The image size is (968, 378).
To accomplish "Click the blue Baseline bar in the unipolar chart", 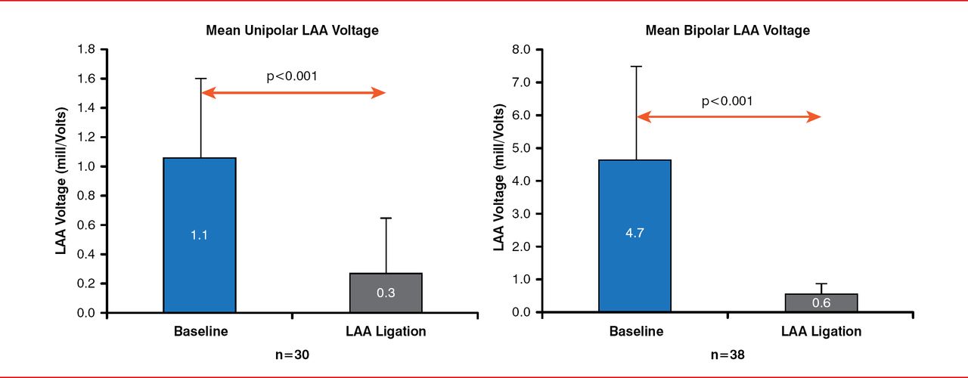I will pos(200,234).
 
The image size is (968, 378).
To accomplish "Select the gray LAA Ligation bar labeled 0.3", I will pos(386,293).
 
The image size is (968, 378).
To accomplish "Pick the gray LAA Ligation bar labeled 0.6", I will pos(821,302).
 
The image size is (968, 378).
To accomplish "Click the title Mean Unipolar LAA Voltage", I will pos(292,31).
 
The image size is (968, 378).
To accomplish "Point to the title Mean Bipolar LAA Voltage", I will pos(728,31).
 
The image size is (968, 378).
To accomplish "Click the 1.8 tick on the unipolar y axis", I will pos(85,49).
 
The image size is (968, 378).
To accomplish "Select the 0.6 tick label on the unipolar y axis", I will pos(85,225).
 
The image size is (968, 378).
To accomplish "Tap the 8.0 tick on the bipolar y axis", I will pos(521,49).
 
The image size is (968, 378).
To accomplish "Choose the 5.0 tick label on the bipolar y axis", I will pos(521,148).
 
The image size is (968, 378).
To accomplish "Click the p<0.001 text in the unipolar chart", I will pos(292,76).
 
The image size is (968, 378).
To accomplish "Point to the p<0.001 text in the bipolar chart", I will pos(727,101).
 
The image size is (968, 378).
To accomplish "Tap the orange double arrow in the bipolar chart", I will pos(729,117).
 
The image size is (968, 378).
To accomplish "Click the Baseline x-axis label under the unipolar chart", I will pos(200,331).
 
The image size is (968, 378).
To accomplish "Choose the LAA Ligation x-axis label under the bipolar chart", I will pos(822,331).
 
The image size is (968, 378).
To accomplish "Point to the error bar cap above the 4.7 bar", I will pos(636,67).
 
